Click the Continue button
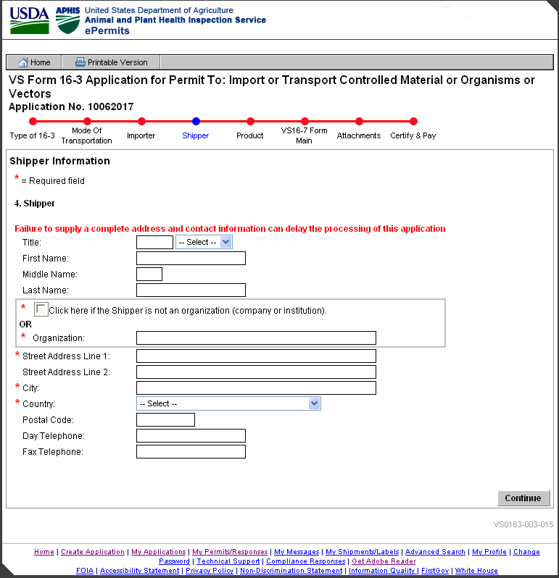pos(523,498)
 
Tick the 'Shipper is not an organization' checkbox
pos(41,309)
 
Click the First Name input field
pos(191,259)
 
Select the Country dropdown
pos(228,403)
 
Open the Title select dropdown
pos(204,242)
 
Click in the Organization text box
pos(256,338)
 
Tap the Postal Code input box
pos(165,420)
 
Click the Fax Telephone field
pos(191,452)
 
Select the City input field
pos(256,388)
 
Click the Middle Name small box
pos(149,275)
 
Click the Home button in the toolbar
pos(34,62)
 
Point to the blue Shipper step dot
pos(196,122)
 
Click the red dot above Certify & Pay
pos(413,122)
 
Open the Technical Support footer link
pos(228,561)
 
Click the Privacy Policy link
pos(210,571)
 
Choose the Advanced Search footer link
pos(435,552)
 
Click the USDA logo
pos(29,20)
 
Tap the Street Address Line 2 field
pos(256,372)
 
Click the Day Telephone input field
pos(191,436)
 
